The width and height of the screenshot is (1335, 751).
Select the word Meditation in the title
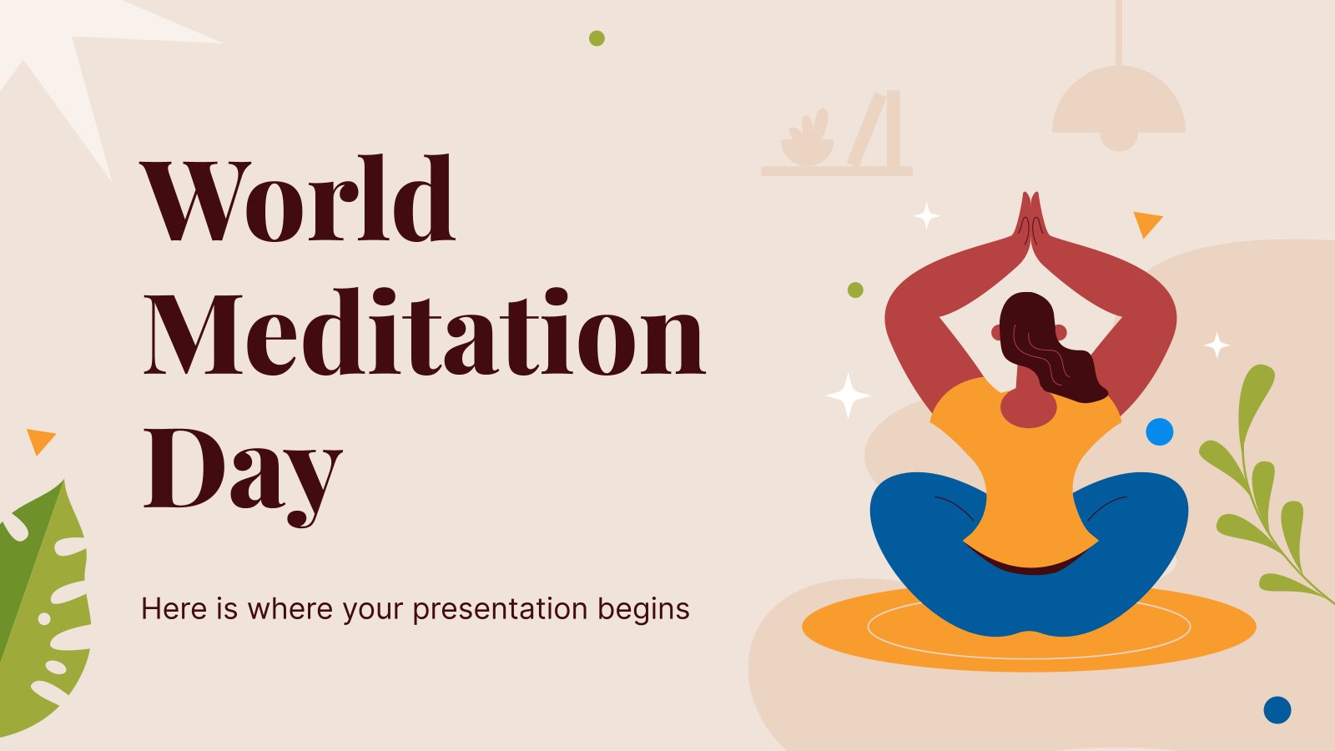pos(425,331)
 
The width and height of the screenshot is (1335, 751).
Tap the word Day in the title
pos(243,474)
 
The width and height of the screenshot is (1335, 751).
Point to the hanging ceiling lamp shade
pos(1119,108)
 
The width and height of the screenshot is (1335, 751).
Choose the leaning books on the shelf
pos(875,129)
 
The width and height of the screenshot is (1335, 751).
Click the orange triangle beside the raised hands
pos(1146,223)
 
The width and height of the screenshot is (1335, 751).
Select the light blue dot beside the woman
pos(1159,431)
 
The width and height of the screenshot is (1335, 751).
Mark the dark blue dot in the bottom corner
pos(1277,710)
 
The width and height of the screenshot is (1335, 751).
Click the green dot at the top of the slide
pos(597,38)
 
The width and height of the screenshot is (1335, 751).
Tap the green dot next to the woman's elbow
pos(855,290)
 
